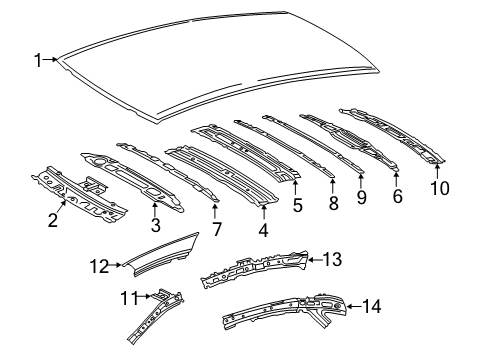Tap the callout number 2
53,221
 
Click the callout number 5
297,206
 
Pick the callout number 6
397,197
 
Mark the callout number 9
361,197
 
